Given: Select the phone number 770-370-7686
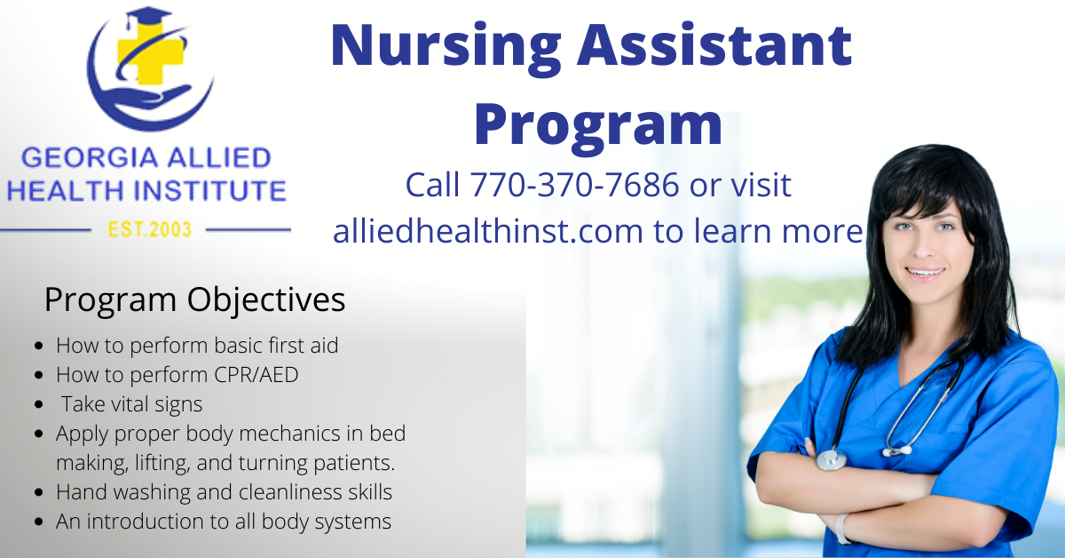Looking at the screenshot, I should click(575, 185).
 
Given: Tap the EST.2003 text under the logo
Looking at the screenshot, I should click(149, 229).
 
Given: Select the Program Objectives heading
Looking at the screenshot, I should click(194, 299).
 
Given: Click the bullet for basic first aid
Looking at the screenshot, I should click(38, 346).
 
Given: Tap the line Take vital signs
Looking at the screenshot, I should click(131, 404).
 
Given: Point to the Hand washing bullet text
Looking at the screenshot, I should click(224, 491).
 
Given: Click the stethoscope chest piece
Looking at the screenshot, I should click(832, 458).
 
